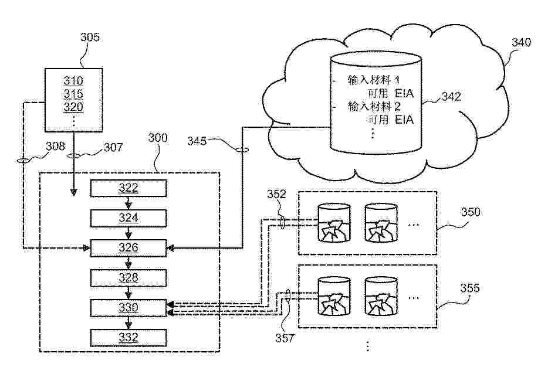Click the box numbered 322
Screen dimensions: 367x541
coord(129,188)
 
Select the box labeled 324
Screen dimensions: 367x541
coord(129,218)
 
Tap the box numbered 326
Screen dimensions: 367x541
coord(129,248)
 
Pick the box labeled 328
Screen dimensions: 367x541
coord(129,277)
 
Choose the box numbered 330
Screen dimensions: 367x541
coord(129,307)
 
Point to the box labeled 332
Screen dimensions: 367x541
coord(129,337)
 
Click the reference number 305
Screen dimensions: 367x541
coord(90,38)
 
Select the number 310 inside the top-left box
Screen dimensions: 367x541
coord(73,81)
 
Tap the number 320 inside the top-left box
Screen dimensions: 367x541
coord(73,107)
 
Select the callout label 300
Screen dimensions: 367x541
coord(157,138)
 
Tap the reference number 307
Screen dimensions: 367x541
coord(113,147)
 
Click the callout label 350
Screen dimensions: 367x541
coord(469,212)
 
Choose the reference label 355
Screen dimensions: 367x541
coord(469,288)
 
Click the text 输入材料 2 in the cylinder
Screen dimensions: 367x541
coord(374,107)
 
